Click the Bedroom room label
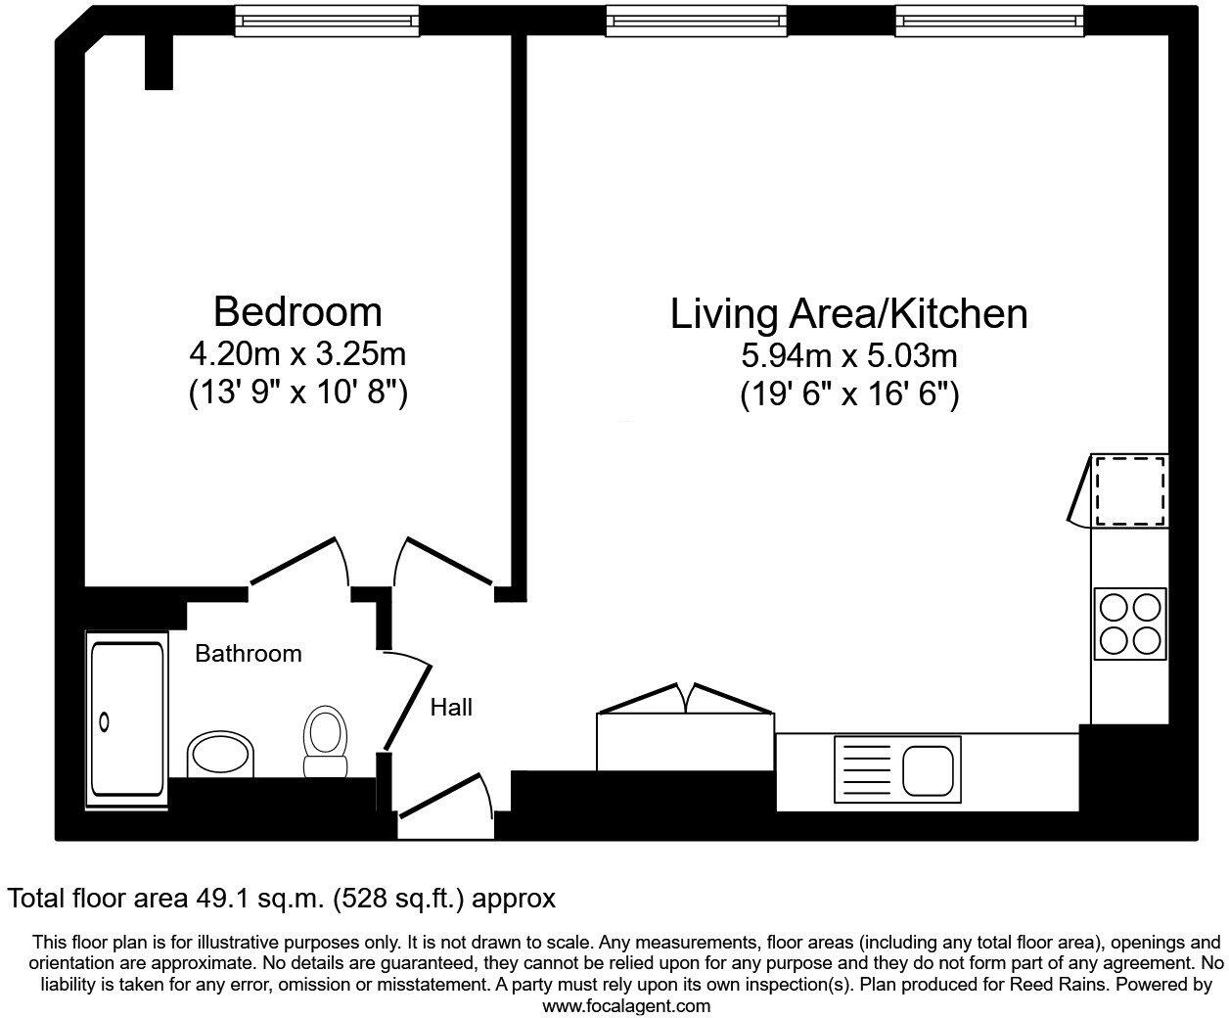(x=297, y=311)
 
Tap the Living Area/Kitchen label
(x=848, y=314)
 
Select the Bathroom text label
(x=249, y=654)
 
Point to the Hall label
(x=451, y=707)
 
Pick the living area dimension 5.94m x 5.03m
(x=848, y=354)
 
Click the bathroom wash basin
(x=220, y=755)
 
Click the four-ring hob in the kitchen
(x=1130, y=624)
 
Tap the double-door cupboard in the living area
(x=685, y=729)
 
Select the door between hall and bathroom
(x=405, y=703)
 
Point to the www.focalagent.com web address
(x=626, y=1005)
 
